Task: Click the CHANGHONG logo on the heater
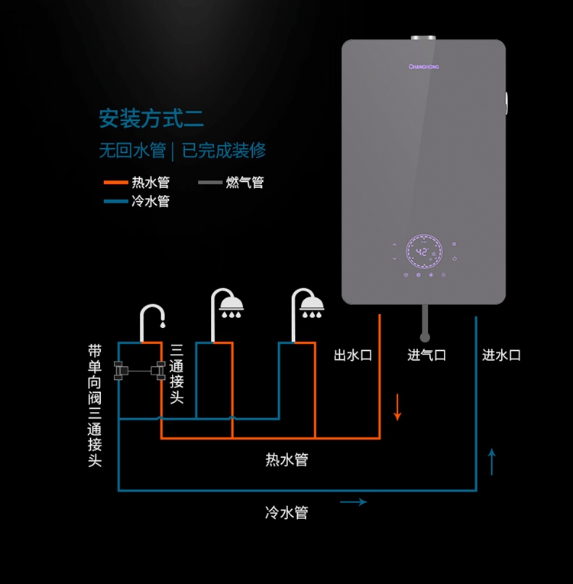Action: [x=423, y=67]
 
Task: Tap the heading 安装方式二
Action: [x=151, y=118]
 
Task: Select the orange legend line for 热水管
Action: [x=115, y=183]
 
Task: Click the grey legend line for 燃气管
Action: [x=209, y=183]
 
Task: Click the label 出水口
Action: [x=352, y=355]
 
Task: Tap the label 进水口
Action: [x=501, y=355]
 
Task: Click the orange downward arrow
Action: [x=397, y=406]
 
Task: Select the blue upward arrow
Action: [x=491, y=462]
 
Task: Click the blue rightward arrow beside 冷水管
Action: [x=353, y=502]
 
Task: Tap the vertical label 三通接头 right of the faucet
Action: [x=177, y=374]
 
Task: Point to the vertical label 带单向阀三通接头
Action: [x=95, y=405]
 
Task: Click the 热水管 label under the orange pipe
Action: [x=286, y=459]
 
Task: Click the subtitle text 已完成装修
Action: [x=224, y=151]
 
